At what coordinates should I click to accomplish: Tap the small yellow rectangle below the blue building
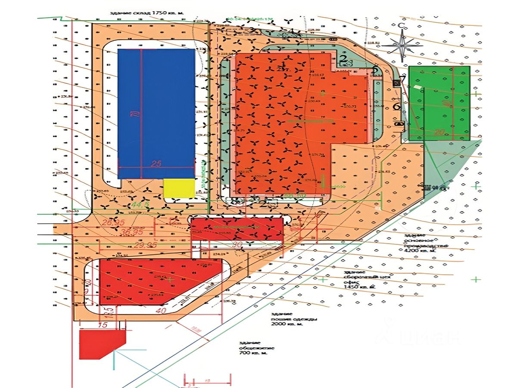[x=179, y=188]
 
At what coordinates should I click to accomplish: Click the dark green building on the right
[x=439, y=103]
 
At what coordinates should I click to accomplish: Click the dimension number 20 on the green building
[x=439, y=133]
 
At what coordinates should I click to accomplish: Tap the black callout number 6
[x=397, y=106]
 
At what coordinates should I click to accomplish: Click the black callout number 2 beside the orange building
[x=343, y=59]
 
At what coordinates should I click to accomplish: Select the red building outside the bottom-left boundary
[x=102, y=344]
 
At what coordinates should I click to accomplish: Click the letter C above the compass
[x=401, y=25]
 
